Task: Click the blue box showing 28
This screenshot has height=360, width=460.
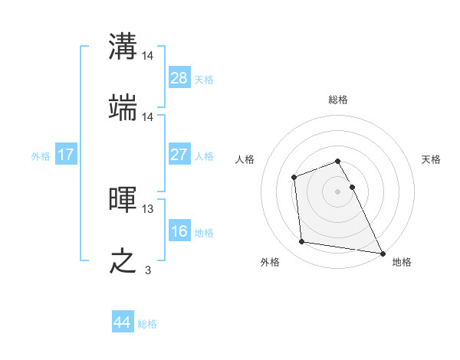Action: (179, 78)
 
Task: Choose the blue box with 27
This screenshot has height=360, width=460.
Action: (179, 155)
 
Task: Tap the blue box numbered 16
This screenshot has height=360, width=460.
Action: (179, 231)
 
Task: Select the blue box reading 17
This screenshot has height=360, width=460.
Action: (66, 155)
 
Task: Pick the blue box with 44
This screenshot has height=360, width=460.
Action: (123, 322)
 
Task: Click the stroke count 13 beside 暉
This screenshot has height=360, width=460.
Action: (148, 208)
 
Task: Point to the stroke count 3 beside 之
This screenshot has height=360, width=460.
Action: (148, 270)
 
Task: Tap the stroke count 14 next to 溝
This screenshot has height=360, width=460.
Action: (148, 55)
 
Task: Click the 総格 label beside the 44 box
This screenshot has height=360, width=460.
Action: (148, 324)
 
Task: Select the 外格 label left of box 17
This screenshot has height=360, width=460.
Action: (41, 155)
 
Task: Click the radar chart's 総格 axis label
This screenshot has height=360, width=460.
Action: (338, 100)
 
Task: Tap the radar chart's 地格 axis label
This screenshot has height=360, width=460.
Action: (402, 262)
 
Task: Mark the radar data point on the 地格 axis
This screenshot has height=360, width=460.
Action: (383, 253)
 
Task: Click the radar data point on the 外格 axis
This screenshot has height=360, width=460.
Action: (302, 242)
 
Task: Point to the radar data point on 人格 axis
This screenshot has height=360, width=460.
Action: (294, 178)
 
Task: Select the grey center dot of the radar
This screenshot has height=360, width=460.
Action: (338, 191)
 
